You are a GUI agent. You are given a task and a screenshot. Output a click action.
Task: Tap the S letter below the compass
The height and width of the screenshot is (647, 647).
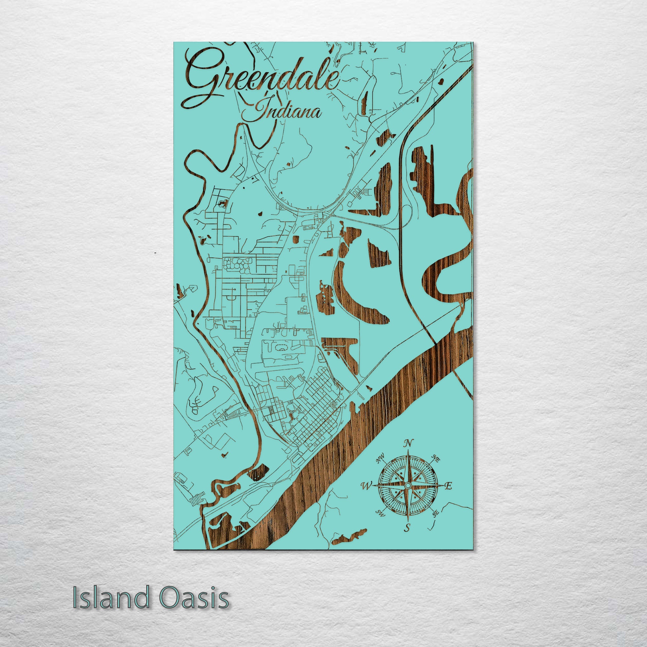click(x=407, y=529)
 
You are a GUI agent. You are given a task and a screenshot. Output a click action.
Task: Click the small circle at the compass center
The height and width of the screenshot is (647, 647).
click(x=408, y=485)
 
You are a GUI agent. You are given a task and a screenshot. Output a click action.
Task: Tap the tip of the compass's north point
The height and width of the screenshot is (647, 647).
click(x=408, y=450)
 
